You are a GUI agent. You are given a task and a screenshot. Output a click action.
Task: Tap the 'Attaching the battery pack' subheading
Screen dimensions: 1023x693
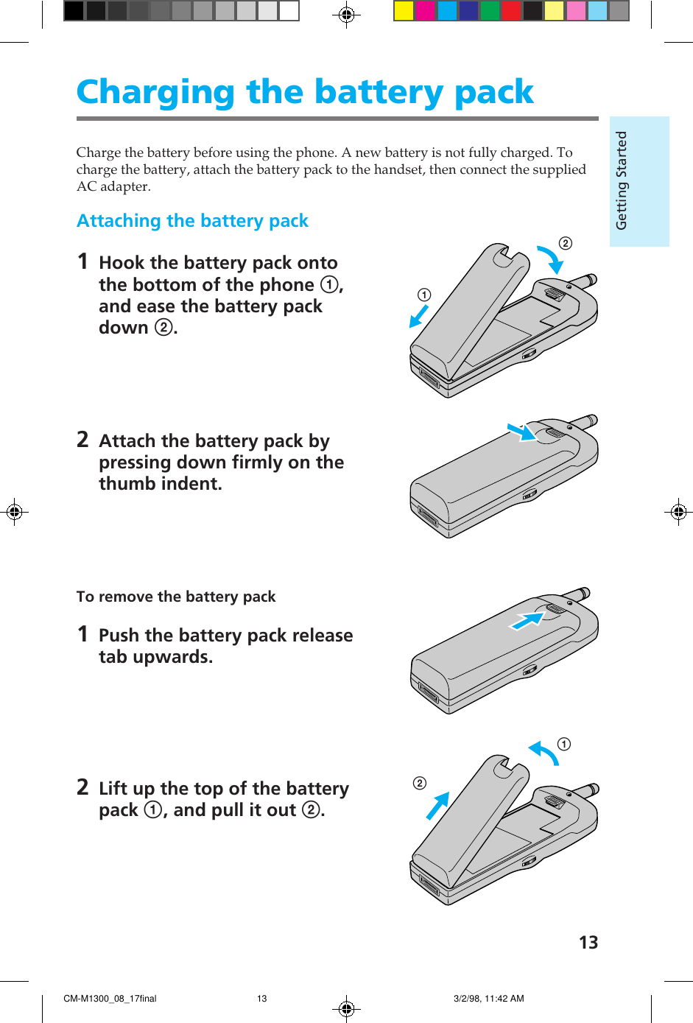(192, 221)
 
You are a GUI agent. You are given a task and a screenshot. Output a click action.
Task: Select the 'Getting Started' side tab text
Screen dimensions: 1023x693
(622, 180)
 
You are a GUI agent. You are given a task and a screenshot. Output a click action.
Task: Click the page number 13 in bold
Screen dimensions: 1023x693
(588, 943)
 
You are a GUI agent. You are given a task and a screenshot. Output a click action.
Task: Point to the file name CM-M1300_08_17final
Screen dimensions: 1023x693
(110, 999)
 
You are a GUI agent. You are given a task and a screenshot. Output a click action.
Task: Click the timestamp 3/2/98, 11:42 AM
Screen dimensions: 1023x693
(488, 999)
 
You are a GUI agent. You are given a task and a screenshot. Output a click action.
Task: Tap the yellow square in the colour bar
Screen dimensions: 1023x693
(404, 11)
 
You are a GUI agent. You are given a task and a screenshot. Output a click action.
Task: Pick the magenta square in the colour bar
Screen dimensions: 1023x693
(425, 11)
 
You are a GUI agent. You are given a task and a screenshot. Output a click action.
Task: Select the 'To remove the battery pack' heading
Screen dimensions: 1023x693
(176, 597)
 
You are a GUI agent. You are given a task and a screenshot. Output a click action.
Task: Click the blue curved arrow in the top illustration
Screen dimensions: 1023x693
(549, 259)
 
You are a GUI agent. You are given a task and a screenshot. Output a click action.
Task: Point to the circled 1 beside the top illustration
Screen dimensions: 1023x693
(424, 295)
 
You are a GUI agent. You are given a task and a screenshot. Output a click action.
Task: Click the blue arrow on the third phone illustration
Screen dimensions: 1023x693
(527, 621)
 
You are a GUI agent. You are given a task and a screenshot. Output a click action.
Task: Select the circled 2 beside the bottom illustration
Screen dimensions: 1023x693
(420, 783)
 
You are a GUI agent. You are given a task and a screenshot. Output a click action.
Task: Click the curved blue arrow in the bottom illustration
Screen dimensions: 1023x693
(544, 753)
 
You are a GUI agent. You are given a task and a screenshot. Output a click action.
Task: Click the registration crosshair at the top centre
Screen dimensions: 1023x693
(346, 14)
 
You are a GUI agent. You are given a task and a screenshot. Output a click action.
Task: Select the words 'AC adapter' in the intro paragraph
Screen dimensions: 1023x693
(113, 186)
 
